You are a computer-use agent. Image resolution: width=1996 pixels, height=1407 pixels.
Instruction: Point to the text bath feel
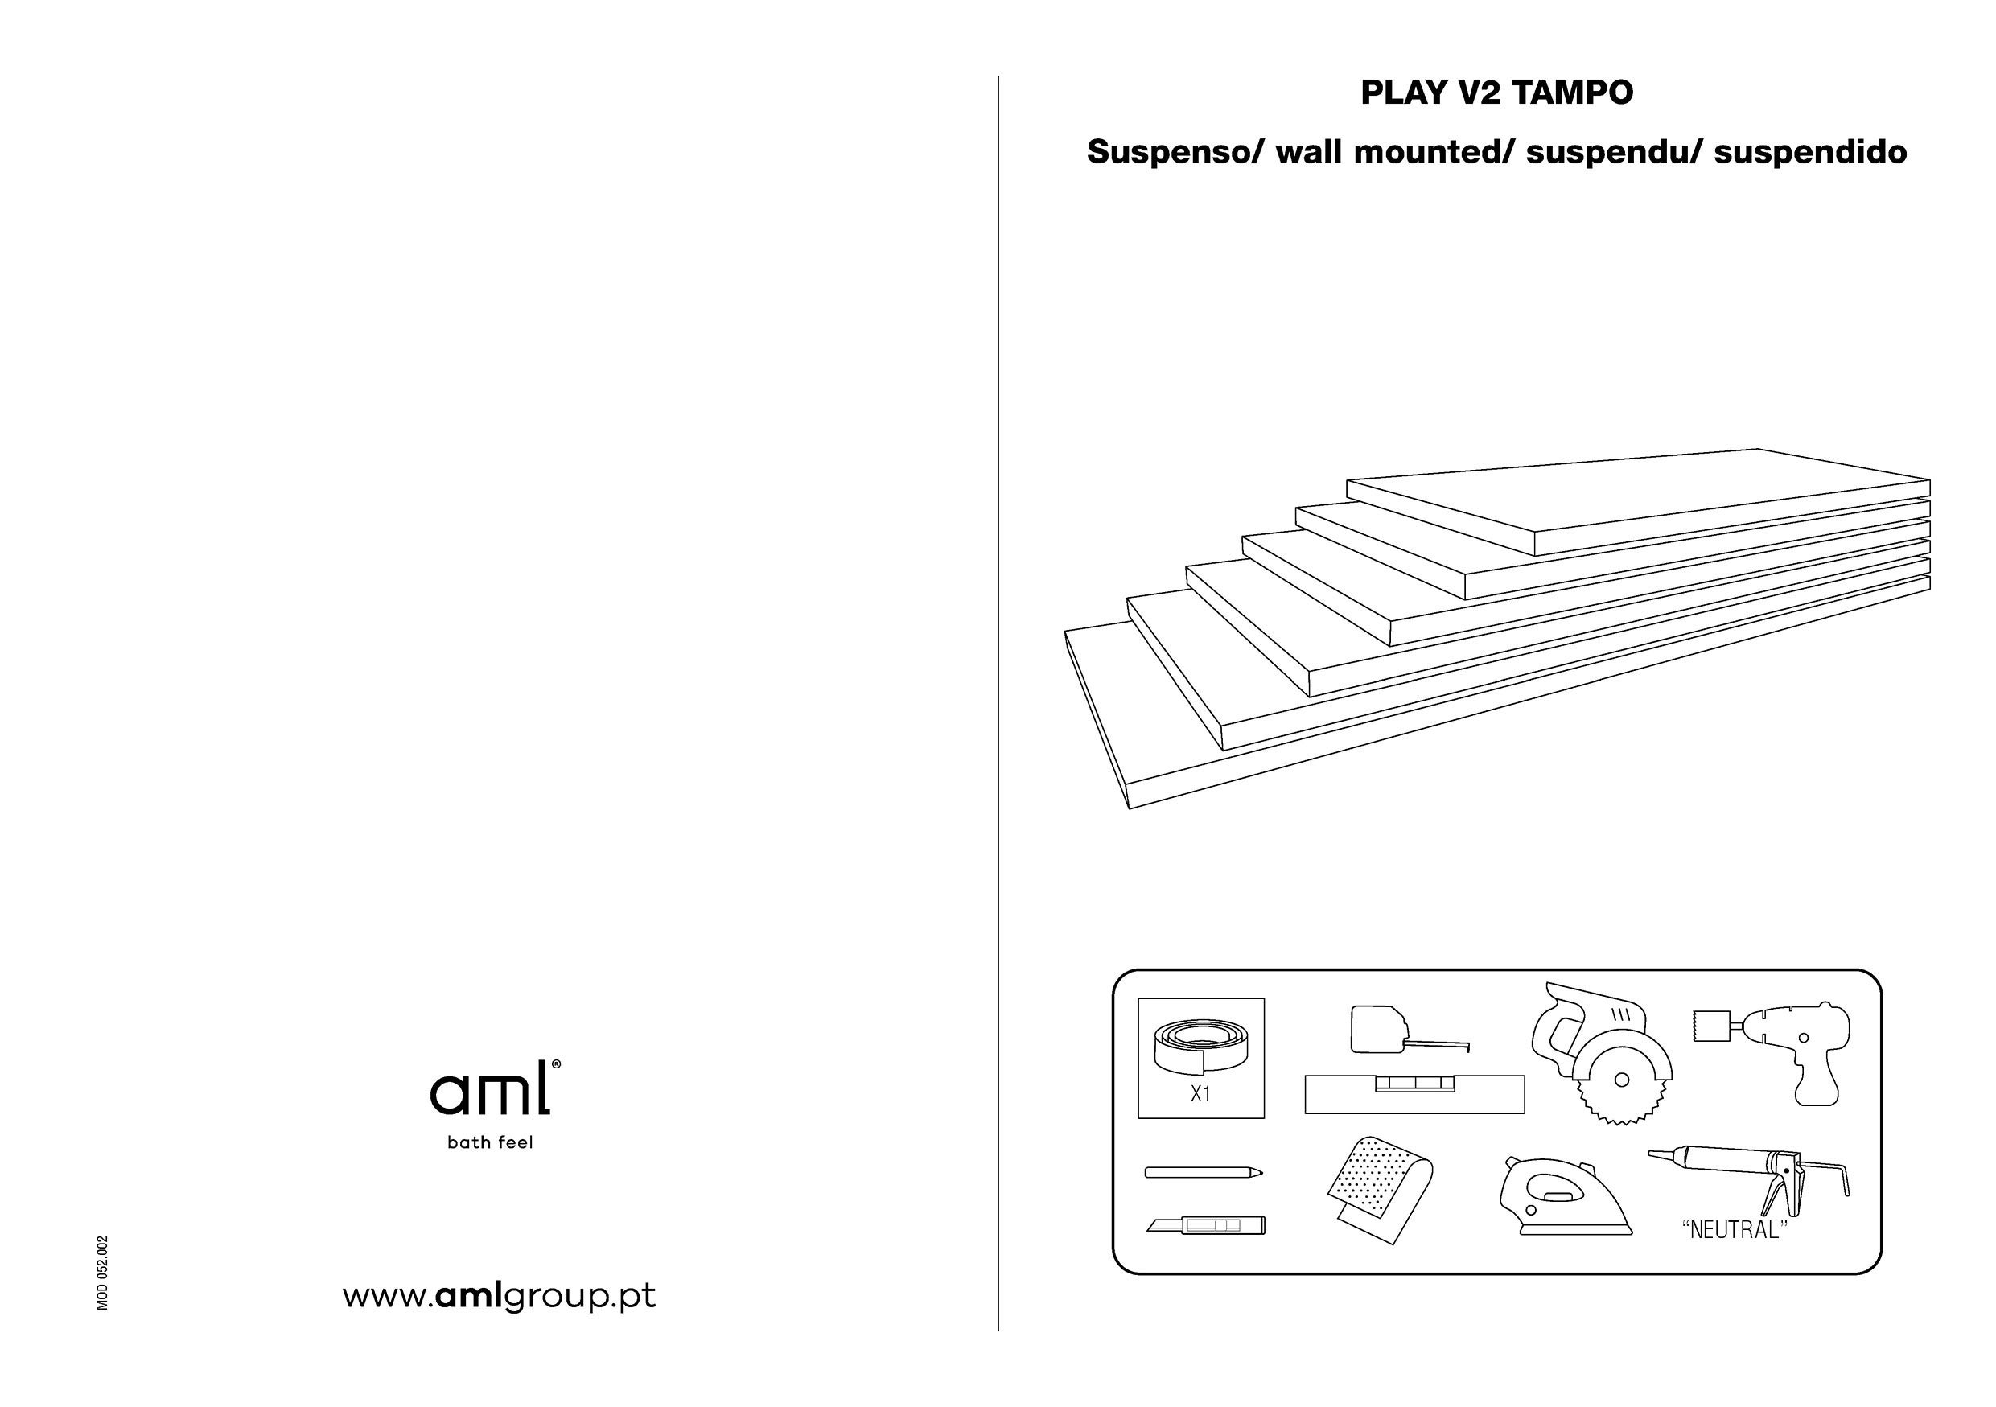[489, 1143]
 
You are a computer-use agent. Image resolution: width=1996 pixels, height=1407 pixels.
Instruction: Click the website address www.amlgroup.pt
[499, 1296]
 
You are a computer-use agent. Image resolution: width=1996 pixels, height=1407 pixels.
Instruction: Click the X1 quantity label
[1200, 1094]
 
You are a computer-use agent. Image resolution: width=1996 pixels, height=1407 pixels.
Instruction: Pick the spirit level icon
[1414, 1094]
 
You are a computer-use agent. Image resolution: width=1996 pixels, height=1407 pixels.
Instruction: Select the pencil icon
[1202, 1172]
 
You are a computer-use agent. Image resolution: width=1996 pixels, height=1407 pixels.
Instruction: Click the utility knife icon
[1206, 1225]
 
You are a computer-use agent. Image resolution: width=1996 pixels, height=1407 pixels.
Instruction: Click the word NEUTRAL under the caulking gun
[1735, 1231]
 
